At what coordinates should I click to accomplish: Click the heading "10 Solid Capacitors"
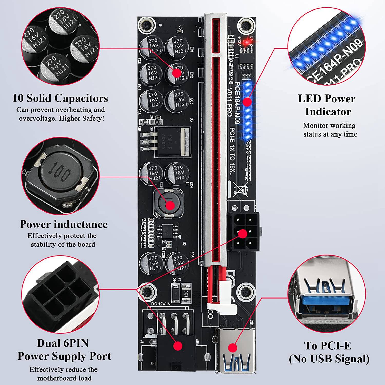(x=60, y=98)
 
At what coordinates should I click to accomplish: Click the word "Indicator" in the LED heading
(x=328, y=112)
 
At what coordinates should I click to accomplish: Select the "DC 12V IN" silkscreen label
(x=162, y=304)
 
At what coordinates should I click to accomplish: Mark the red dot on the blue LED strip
(x=247, y=102)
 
